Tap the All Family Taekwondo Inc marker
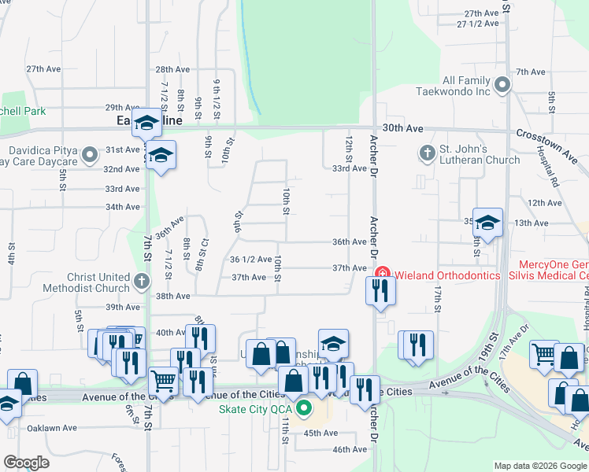[502, 82]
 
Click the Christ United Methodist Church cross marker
[141, 281]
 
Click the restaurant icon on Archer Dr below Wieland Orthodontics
[380, 291]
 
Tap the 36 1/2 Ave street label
[250, 259]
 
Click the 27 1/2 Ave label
[478, 24]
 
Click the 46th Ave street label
[350, 449]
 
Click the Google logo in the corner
[26, 463]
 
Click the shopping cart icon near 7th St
[163, 380]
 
